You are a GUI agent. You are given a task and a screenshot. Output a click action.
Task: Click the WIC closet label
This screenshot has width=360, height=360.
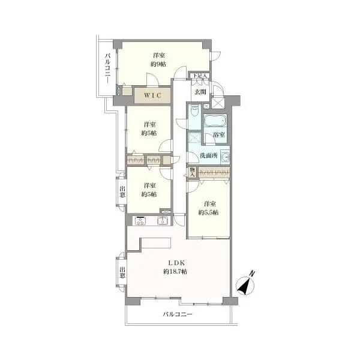click(152, 95)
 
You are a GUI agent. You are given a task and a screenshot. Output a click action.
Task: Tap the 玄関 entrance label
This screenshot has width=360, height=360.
click(200, 92)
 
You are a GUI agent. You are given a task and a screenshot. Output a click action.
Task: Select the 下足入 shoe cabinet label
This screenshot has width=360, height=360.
click(200, 76)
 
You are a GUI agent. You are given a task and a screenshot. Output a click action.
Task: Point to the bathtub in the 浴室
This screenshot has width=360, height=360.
click(215, 121)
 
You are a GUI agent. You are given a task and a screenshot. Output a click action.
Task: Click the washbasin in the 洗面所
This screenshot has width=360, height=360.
click(225, 157)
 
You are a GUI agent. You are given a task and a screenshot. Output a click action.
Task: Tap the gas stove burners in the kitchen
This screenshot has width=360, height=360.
click(140, 221)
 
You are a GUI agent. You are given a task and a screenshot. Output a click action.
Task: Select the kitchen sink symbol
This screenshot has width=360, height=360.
click(163, 221)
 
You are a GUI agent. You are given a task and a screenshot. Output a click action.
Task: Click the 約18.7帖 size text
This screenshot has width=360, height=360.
click(175, 272)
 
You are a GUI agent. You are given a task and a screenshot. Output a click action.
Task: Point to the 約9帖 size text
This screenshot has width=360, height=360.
click(158, 64)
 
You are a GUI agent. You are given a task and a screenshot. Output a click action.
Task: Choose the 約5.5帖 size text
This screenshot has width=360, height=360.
click(208, 212)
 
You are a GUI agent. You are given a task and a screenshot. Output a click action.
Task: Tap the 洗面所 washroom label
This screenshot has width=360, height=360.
click(209, 155)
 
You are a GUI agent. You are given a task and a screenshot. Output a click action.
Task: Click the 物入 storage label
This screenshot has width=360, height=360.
click(193, 172)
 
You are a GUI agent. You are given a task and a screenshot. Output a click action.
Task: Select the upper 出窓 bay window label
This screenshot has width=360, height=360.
click(122, 192)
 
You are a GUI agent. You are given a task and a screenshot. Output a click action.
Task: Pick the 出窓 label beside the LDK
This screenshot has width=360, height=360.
click(122, 272)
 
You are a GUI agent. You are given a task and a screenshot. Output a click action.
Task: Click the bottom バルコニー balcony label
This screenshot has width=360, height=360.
click(178, 314)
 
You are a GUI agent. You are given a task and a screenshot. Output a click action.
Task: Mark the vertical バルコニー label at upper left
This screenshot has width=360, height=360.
click(107, 68)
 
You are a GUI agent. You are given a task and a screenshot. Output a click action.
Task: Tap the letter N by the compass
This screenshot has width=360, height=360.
click(253, 274)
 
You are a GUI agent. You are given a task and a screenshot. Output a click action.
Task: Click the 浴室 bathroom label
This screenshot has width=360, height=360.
click(219, 135)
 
